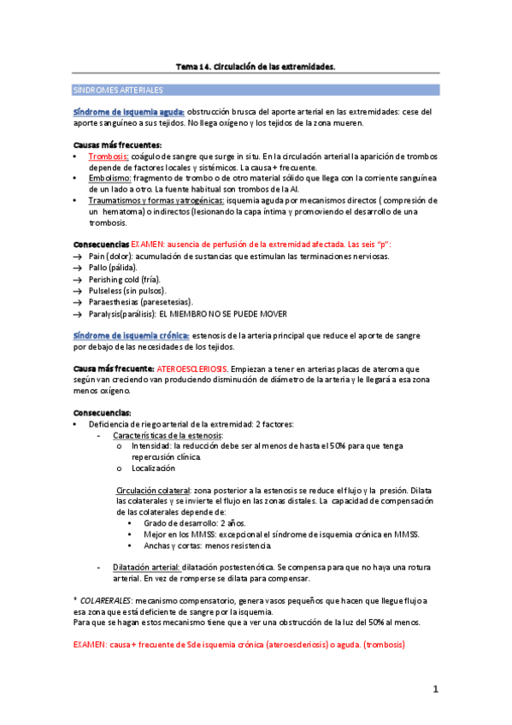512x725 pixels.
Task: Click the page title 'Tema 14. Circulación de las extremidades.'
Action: (x=256, y=65)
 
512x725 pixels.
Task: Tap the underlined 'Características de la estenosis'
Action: (x=161, y=435)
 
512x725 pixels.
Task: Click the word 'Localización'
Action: (x=153, y=468)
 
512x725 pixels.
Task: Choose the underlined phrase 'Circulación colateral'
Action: (x=151, y=490)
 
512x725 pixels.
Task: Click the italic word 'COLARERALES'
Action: (x=107, y=601)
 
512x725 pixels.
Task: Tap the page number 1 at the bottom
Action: (x=435, y=689)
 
